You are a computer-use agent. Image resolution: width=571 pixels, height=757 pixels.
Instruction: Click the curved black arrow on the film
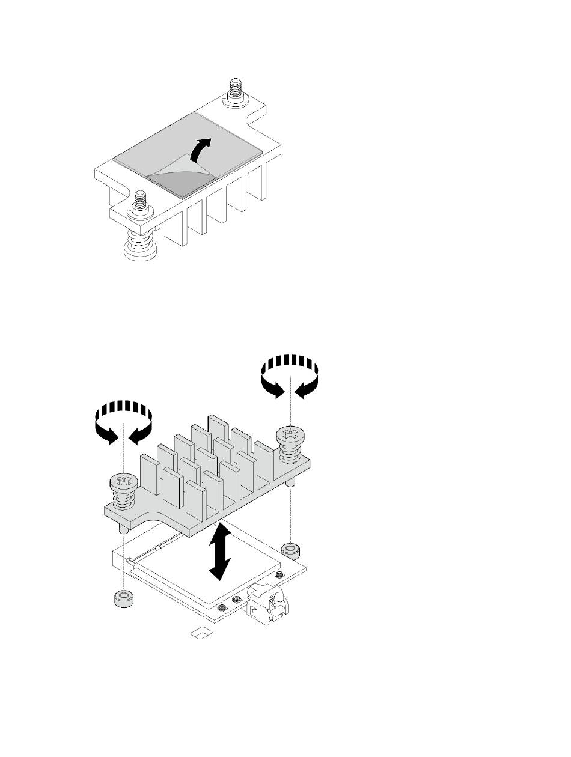[x=201, y=148]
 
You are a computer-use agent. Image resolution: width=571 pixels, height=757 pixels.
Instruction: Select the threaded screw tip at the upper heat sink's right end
[x=234, y=91]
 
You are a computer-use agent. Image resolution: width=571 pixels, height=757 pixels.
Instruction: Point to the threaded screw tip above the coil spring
[x=139, y=202]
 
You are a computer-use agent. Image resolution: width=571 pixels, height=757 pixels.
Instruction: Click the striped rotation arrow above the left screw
[x=123, y=421]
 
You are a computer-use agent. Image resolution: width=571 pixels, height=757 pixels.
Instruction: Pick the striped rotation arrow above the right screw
[x=290, y=373]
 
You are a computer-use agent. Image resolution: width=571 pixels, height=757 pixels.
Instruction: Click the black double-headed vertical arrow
[x=221, y=551]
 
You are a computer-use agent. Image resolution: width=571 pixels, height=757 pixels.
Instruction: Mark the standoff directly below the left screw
[x=123, y=598]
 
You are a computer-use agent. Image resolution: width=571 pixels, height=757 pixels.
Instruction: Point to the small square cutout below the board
[x=201, y=632]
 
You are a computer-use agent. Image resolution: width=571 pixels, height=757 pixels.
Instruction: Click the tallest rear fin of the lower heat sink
[x=218, y=430]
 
